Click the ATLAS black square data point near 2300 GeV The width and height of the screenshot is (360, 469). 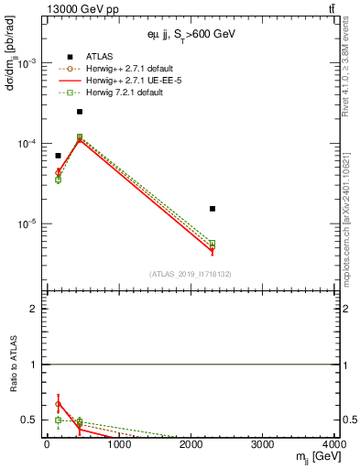213,209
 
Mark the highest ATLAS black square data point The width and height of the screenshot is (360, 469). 80,112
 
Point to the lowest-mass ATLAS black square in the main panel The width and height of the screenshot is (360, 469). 58,156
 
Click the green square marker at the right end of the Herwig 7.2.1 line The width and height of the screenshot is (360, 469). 213,243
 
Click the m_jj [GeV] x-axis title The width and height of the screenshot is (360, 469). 315,456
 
